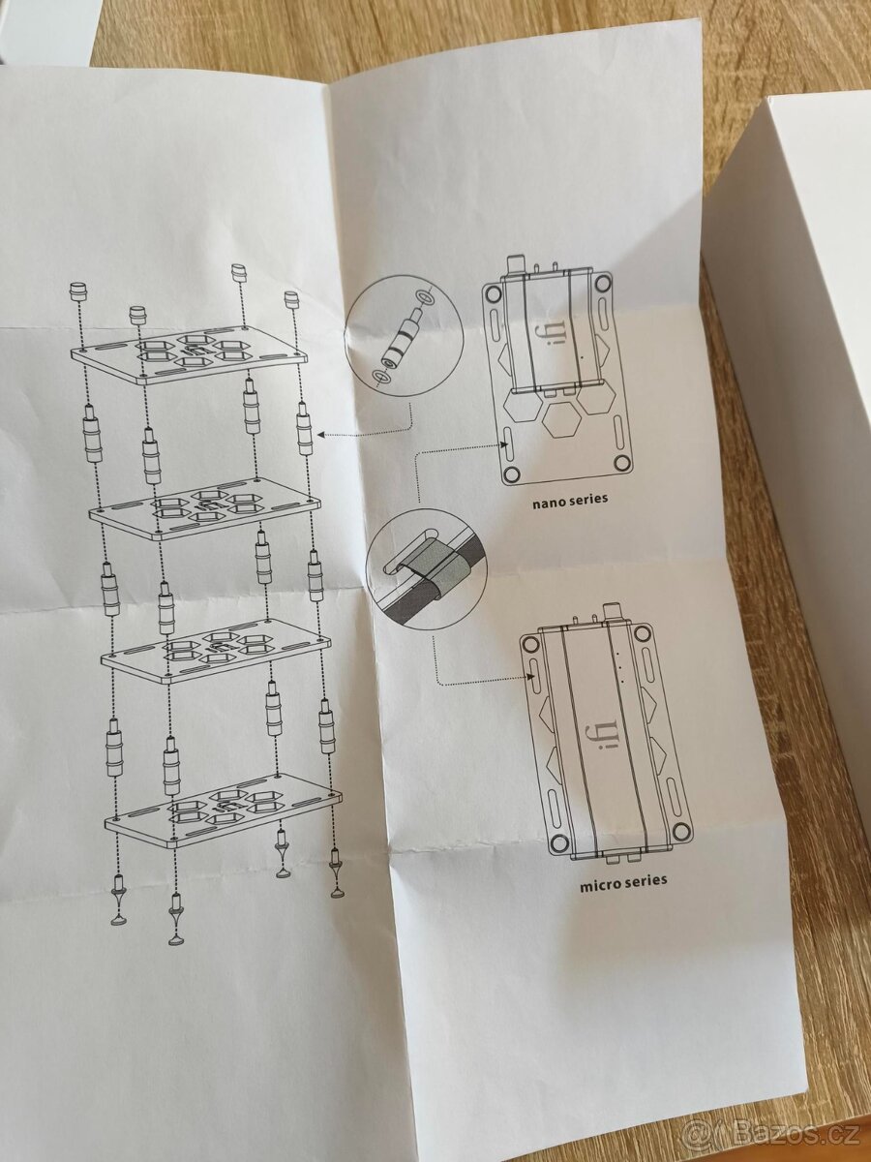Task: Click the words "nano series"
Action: click(570, 503)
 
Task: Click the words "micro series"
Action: click(623, 882)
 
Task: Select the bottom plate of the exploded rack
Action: click(223, 810)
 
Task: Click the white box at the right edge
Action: click(803, 387)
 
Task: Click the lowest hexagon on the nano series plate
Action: click(560, 418)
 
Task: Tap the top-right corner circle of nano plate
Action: click(602, 283)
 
